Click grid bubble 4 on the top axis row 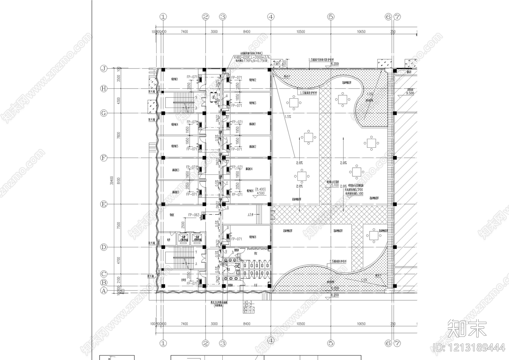coord(271,17)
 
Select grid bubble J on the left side coord(104,68)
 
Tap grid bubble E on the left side coord(104,204)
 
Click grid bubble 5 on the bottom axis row coord(331,343)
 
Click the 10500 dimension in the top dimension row coord(301,32)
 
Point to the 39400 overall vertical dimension coord(111,180)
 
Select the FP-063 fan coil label coord(193,215)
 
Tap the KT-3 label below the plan coord(248,302)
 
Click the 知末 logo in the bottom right coord(467,329)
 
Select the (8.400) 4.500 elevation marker coord(260,191)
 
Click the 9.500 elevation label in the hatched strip coord(410,93)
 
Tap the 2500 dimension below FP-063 coord(183,224)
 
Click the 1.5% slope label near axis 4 coord(288,117)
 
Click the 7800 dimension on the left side coord(119,135)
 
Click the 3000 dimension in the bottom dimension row coord(214,324)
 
